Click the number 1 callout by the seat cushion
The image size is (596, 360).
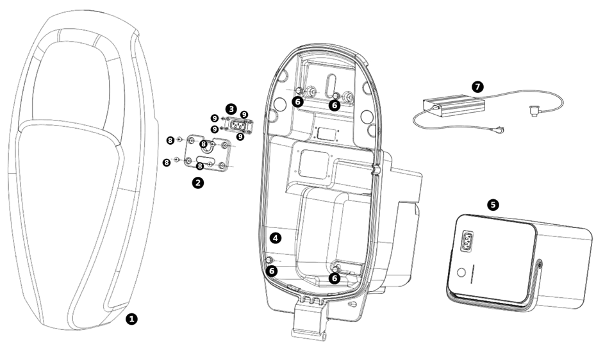click(132, 318)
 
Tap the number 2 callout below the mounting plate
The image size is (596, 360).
click(199, 183)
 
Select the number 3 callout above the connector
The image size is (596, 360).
click(231, 108)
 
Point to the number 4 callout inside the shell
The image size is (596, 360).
click(276, 238)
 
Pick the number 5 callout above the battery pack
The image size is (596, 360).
click(492, 205)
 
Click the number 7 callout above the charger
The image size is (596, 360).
click(476, 86)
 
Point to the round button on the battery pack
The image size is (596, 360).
click(459, 272)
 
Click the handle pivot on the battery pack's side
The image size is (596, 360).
click(540, 262)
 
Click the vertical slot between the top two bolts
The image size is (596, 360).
click(326, 86)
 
